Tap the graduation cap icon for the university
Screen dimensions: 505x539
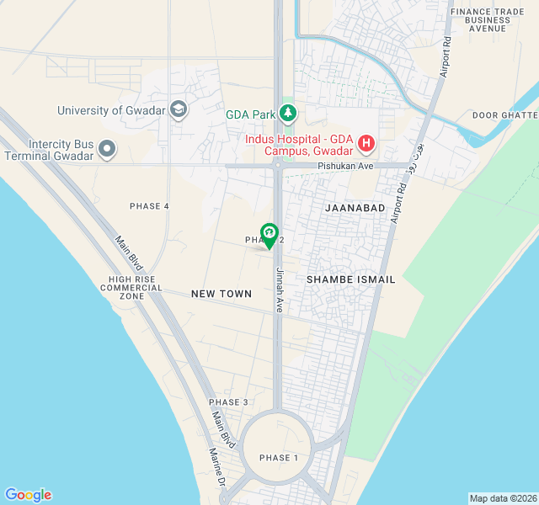click(179, 109)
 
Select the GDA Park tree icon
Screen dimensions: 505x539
click(288, 113)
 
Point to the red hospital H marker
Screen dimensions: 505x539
click(366, 144)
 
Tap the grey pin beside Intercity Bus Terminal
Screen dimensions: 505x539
click(106, 150)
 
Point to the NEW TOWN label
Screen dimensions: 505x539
click(221, 294)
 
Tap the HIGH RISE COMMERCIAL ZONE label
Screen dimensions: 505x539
click(131, 288)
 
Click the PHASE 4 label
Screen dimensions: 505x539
click(149, 206)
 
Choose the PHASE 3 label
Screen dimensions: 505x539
click(228, 402)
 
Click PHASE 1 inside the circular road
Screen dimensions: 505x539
click(279, 458)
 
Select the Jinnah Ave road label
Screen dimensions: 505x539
click(279, 290)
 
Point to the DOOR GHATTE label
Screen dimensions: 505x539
click(504, 114)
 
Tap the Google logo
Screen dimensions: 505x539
click(28, 495)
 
